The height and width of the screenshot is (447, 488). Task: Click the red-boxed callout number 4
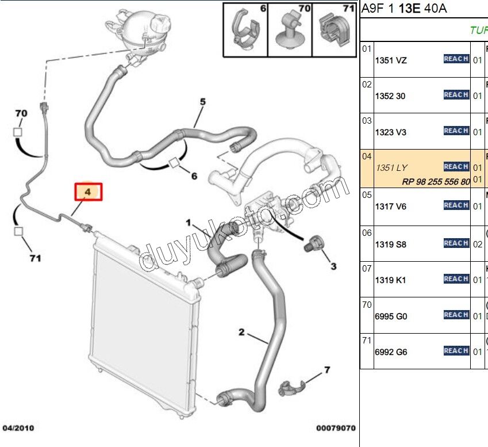88,192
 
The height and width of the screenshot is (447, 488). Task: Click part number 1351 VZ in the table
390,60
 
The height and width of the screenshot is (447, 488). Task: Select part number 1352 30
390,96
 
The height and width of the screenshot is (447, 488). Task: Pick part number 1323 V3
390,132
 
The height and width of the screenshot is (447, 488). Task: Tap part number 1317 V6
390,206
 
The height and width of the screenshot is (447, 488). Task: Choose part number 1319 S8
390,244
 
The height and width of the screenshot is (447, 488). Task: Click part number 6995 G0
390,316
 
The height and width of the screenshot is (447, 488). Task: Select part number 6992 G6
390,352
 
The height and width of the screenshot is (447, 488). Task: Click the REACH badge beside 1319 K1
456,279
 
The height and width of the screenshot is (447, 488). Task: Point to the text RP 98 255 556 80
436,181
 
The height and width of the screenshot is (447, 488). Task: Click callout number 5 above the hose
202,102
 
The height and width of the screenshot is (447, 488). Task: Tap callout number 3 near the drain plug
333,266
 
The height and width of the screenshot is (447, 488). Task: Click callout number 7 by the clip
326,370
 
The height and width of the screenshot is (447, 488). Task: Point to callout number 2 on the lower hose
242,332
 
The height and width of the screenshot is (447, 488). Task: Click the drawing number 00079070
335,429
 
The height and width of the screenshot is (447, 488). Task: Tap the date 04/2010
18,429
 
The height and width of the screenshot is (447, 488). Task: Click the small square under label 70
18,131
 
